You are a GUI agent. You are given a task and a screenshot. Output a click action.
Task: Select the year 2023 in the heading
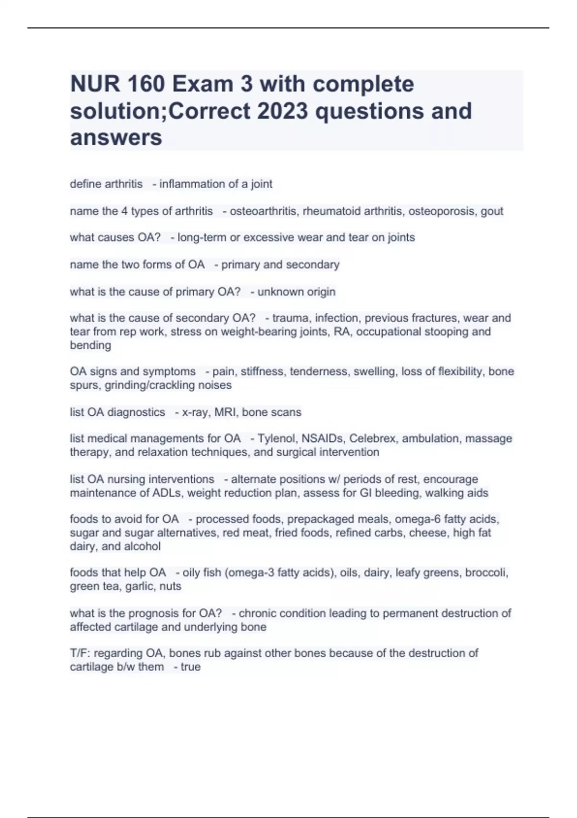click(282, 111)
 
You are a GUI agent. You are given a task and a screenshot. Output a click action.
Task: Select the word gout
click(492, 211)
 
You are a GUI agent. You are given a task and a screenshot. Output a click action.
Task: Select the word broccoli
click(485, 573)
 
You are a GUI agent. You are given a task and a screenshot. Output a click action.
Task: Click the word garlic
click(152, 586)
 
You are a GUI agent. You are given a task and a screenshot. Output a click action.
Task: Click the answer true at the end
click(190, 667)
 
